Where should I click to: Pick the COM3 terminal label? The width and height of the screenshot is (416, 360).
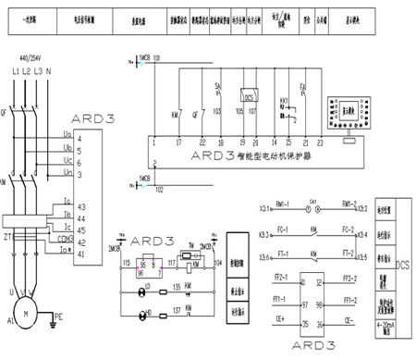point(87,237)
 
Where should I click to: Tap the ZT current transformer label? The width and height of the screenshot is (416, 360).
point(7,237)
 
